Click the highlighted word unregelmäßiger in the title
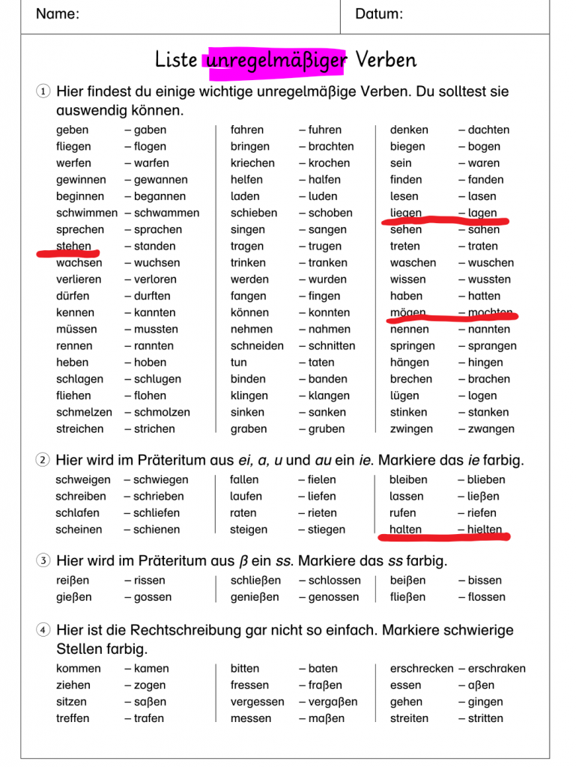pos(276,60)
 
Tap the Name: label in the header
pos(58,14)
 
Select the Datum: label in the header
pos(379,14)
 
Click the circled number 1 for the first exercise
pos(43,92)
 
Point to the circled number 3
pos(43,561)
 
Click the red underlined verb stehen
pos(73,246)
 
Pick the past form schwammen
pos(166,213)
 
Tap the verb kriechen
pos(252,163)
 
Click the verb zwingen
pos(411,429)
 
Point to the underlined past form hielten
pos(485,530)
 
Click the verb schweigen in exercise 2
pos(82,480)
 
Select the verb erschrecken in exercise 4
pos(422,669)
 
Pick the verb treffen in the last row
pos(73,718)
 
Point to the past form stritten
pos(485,718)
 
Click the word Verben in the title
pos(386,60)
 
